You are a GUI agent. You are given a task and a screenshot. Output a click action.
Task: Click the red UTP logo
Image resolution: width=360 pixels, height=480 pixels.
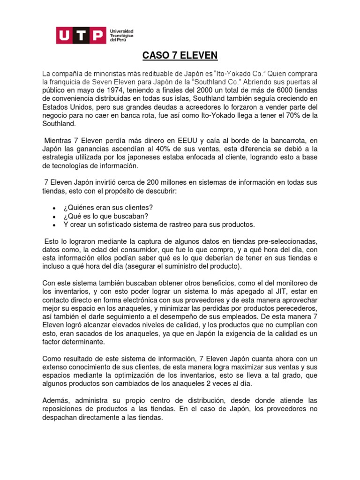(81, 35)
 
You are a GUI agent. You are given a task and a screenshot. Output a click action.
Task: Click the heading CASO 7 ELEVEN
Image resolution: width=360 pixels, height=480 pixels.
(180, 56)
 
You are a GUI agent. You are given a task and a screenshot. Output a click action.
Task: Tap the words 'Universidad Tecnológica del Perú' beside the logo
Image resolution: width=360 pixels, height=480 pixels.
(121, 35)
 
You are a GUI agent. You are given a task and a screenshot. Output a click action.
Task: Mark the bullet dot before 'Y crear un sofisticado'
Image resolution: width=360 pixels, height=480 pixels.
(54, 225)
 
